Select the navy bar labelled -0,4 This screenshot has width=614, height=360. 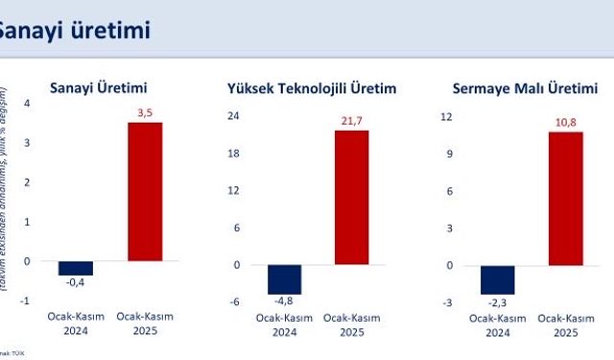coord(75,268)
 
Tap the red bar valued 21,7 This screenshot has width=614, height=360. coord(351,197)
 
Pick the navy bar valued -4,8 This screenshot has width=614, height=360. coord(284,278)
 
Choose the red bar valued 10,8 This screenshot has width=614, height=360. coord(566,198)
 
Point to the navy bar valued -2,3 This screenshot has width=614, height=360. coord(498,279)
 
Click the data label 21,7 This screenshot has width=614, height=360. coord(351,121)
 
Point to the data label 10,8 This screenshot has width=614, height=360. coord(566,123)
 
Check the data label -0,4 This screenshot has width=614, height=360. coord(74,283)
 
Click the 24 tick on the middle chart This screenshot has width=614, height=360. coord(232,116)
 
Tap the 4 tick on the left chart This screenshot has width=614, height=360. coord(27,103)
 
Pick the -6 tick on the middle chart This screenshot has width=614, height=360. coord(232,301)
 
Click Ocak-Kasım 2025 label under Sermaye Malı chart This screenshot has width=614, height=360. coord(565,324)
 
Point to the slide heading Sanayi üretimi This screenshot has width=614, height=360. coord(72,29)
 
